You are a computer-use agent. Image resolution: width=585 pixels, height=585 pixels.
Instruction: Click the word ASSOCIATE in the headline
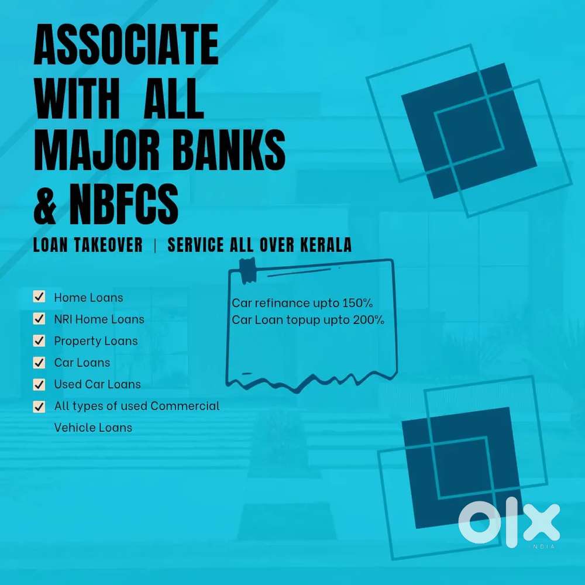(126, 45)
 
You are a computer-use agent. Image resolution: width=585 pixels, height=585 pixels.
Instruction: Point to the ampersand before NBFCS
(45, 204)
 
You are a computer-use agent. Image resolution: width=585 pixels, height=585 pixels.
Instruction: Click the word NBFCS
(123, 204)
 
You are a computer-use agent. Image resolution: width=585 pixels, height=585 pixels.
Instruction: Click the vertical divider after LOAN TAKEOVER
(155, 245)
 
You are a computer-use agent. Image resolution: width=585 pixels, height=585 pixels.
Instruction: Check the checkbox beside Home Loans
(39, 297)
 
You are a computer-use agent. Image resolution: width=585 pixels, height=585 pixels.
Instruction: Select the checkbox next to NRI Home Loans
(39, 319)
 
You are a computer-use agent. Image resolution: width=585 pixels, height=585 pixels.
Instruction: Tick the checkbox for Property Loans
(39, 340)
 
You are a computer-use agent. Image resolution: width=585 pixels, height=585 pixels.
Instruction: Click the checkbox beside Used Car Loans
(39, 384)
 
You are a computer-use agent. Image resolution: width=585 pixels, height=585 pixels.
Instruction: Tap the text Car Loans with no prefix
(82, 362)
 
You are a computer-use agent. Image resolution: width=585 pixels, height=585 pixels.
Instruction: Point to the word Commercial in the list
(185, 405)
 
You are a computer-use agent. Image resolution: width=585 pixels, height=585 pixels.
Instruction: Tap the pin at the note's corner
(247, 271)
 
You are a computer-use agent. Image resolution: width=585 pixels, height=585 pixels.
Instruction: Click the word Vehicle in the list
(74, 427)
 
